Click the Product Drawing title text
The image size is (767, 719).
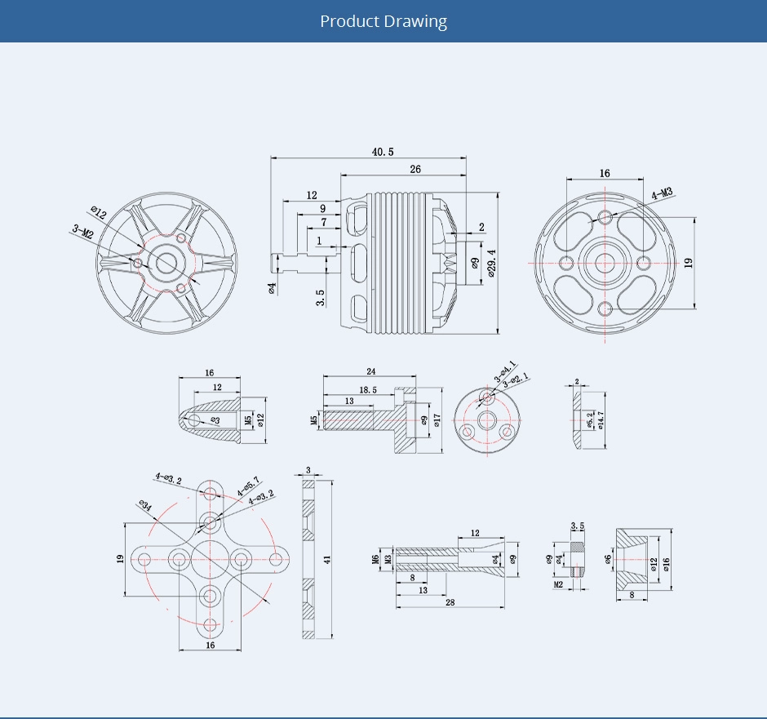[383, 21]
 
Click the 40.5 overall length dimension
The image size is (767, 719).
[383, 152]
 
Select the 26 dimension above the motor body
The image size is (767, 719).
[415, 169]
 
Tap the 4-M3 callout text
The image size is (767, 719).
[661, 193]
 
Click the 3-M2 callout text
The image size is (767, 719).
[83, 232]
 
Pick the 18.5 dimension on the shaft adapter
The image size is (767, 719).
[368, 390]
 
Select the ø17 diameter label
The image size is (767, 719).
[437, 419]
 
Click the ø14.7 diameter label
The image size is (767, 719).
[600, 420]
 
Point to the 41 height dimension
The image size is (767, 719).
[327, 560]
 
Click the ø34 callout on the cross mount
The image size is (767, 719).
[145, 507]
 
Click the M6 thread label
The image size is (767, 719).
[375, 559]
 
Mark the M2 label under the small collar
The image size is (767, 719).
[559, 584]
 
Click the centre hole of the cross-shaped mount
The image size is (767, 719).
[211, 559]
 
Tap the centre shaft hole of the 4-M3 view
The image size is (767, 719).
[605, 263]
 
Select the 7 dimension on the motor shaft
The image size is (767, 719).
[324, 222]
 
